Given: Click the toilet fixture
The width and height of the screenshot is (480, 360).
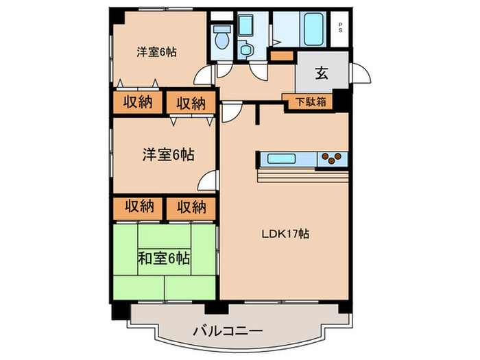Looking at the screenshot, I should coord(221,38).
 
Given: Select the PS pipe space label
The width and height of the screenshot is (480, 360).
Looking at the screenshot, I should coord(341,29).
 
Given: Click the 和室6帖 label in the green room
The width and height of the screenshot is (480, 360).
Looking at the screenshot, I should coord(165,259).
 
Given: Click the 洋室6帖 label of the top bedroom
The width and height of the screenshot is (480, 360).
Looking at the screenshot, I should coord(156,51).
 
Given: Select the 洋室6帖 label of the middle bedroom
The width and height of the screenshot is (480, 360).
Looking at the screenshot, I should coord(168,155).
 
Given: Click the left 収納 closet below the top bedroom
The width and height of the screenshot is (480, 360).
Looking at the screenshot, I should coord(138,103).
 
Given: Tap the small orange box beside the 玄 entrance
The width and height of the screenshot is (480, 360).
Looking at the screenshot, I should coord(281,56).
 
